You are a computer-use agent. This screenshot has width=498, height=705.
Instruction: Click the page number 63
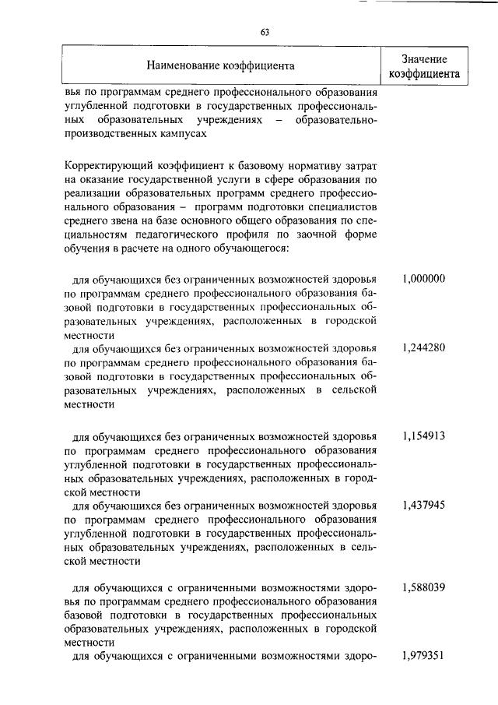pyautogui.click(x=265, y=32)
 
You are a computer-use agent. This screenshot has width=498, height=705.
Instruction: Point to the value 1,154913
pyautogui.click(x=424, y=436)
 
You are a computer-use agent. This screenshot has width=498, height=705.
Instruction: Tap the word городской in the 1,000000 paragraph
pyautogui.click(x=346, y=321)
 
